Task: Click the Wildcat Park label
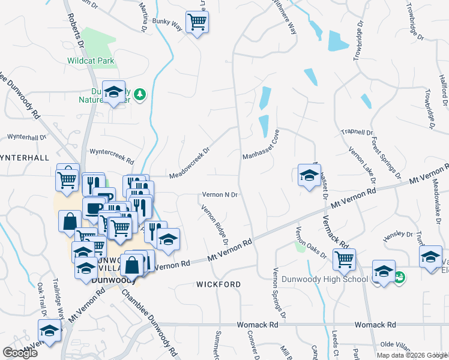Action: [91, 61]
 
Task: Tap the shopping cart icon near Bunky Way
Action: [197, 23]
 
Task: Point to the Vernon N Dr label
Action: [220, 195]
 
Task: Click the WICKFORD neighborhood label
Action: [218, 284]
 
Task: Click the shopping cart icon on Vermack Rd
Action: [344, 259]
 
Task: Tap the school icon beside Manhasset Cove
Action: [309, 175]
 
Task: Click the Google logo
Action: [20, 353]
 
